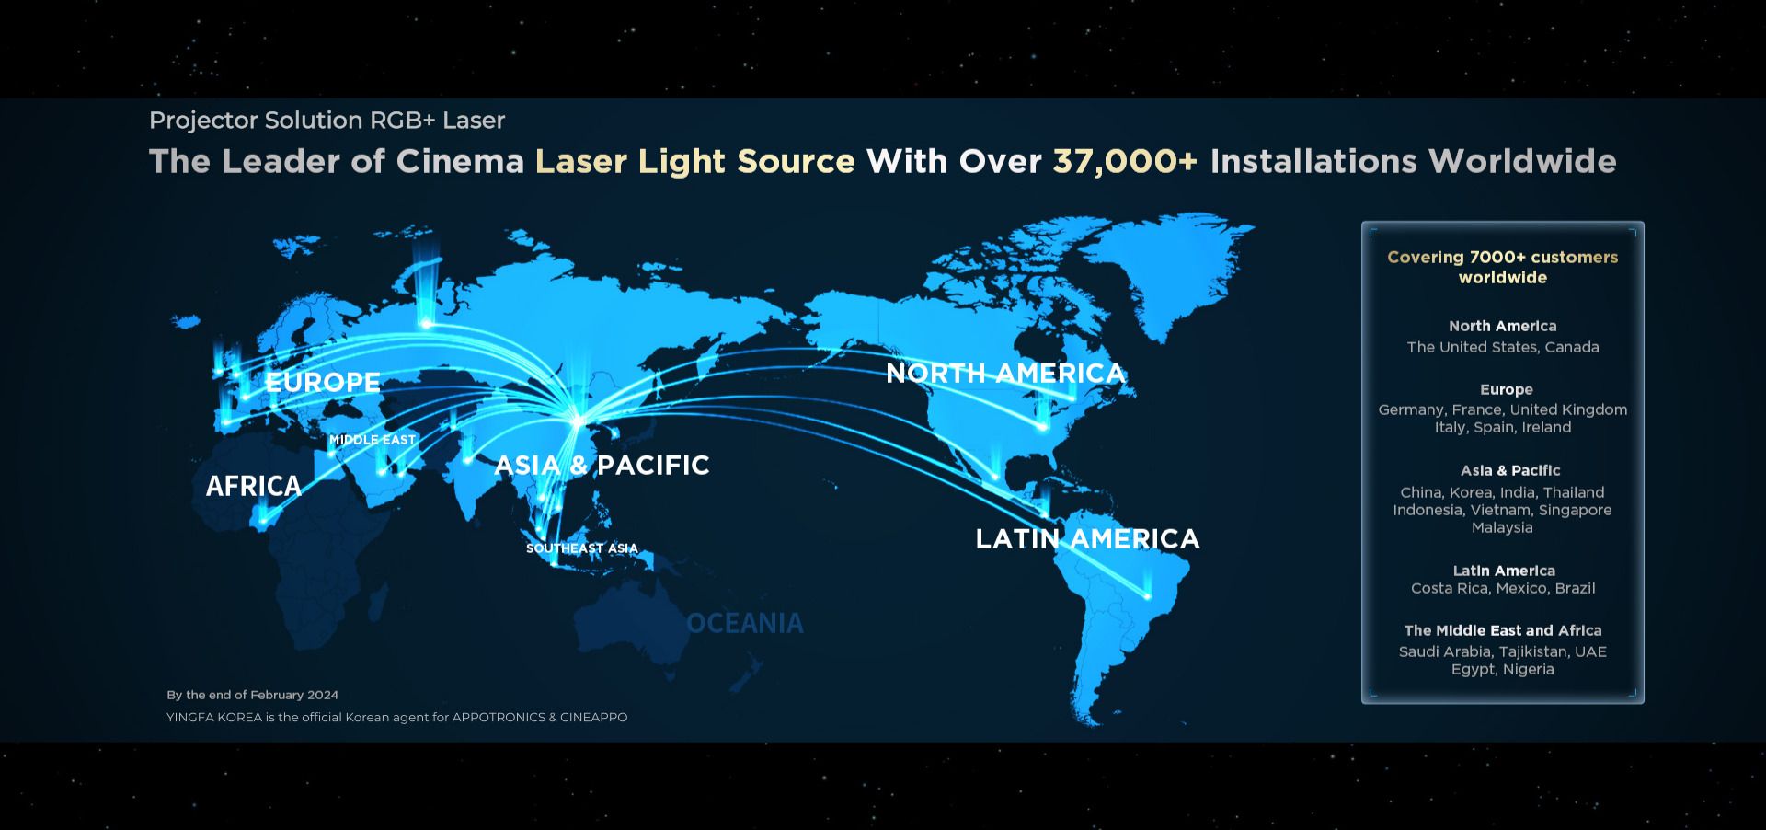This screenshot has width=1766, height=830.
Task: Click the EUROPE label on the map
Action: click(x=323, y=382)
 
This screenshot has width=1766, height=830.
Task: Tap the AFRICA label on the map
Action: click(x=254, y=486)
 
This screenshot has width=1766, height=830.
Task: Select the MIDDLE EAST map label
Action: click(x=373, y=440)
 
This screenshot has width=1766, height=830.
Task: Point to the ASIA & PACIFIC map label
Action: click(x=602, y=465)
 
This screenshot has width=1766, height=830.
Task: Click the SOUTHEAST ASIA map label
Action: click(x=582, y=548)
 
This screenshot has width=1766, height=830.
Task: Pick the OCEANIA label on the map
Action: click(x=745, y=623)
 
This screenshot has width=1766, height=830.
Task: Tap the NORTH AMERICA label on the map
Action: click(x=1005, y=373)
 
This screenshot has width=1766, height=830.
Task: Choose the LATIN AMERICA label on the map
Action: click(x=1087, y=538)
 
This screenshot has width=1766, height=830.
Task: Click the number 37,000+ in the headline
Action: click(x=1125, y=161)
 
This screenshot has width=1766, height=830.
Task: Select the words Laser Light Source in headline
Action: click(x=695, y=161)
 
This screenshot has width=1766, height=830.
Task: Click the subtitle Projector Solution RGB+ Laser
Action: click(x=327, y=121)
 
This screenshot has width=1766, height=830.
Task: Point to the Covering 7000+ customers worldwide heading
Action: click(x=1503, y=267)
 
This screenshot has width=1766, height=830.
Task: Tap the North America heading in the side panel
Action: click(x=1503, y=326)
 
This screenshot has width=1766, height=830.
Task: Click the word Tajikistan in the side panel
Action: click(x=1534, y=651)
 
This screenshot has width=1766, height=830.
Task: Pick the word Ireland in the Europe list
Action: click(x=1546, y=427)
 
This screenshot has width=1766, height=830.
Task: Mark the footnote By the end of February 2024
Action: click(x=253, y=695)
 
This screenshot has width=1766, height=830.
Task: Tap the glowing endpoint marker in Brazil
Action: click(x=1147, y=596)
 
